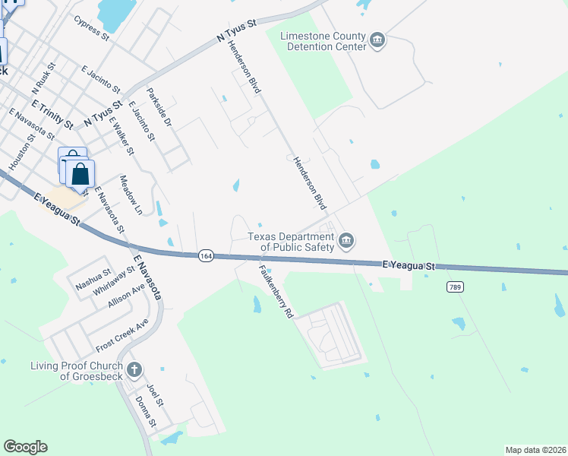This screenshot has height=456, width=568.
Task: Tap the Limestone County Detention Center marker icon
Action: tap(377, 40)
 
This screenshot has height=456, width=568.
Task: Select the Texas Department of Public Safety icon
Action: tap(346, 241)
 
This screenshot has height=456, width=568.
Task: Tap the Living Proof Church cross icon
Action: tap(134, 370)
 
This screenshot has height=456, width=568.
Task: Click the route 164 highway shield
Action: tap(206, 255)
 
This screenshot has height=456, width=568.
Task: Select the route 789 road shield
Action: tap(456, 287)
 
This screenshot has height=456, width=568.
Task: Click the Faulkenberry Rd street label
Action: tap(275, 290)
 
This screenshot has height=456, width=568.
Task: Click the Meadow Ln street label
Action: tap(131, 195)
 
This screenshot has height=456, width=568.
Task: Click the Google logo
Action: tap(25, 447)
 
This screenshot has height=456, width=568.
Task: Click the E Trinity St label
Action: tap(52, 112)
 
